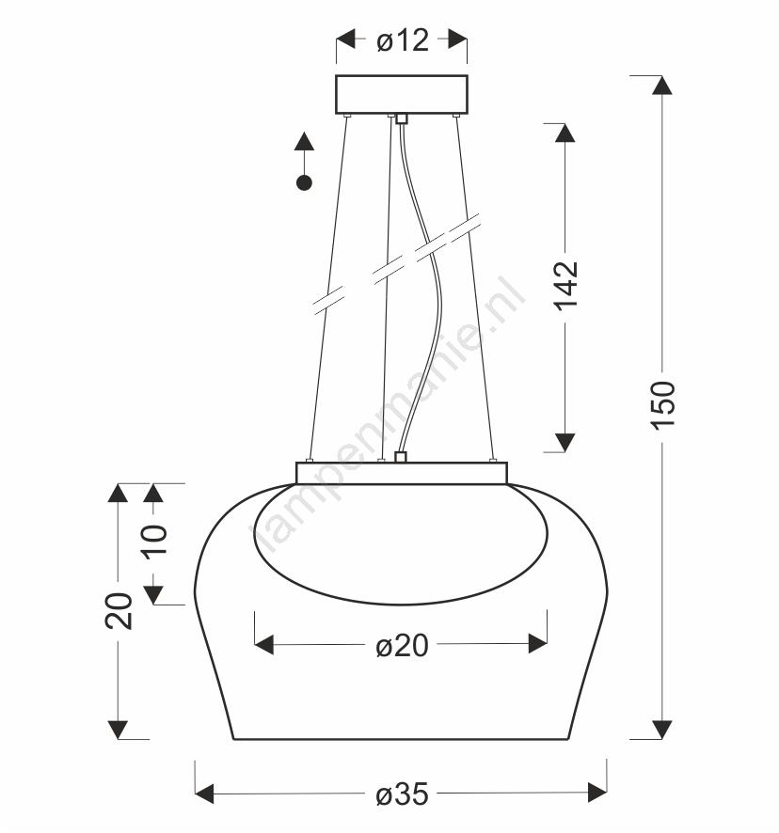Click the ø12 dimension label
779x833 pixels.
pyautogui.click(x=403, y=40)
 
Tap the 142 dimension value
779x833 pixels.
pyautogui.click(x=565, y=286)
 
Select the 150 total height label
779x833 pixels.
pyautogui.click(x=662, y=405)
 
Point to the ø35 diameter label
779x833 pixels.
pyautogui.click(x=402, y=794)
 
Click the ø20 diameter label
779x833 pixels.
pyautogui.click(x=402, y=646)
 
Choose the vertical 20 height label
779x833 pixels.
pyautogui.click(x=118, y=611)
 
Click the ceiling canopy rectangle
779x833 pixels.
pyautogui.click(x=402, y=95)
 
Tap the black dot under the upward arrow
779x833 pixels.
pyautogui.click(x=304, y=183)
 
